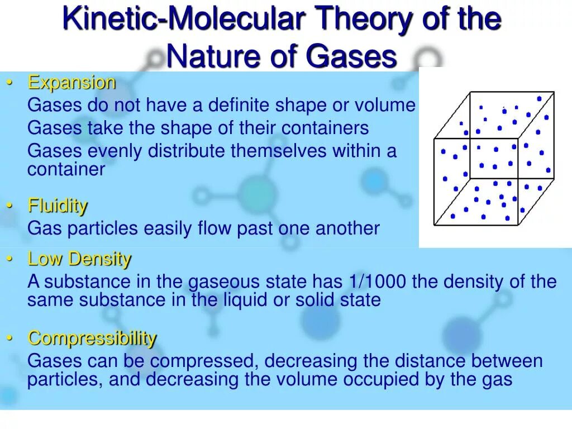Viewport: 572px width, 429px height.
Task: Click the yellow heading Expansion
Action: point(71,83)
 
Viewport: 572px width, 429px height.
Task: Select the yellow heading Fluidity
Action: point(58,206)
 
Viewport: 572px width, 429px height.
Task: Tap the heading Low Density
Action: point(79,259)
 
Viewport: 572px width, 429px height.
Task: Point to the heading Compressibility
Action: point(92,338)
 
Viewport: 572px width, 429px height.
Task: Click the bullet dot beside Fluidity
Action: point(10,206)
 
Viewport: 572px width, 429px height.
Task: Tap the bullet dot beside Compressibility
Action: point(10,338)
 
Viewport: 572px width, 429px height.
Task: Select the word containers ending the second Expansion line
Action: point(325,128)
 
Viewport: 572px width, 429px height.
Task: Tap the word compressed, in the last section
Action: point(204,361)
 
